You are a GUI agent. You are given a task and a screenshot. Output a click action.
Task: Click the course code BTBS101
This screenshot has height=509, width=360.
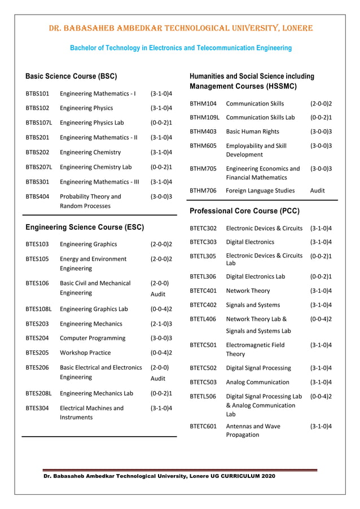[38, 93]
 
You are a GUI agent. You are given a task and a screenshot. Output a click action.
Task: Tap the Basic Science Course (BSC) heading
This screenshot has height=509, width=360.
[71, 76]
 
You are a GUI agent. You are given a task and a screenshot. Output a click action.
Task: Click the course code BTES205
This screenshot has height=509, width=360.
[37, 353]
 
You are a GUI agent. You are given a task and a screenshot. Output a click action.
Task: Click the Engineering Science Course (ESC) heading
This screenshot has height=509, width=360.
[85, 227]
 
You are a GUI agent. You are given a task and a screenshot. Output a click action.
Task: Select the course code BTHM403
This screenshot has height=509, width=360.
[203, 131]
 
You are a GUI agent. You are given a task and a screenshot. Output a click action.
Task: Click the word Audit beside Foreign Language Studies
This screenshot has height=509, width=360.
[318, 191]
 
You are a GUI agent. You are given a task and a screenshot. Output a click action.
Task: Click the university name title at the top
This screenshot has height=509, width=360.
[181, 28]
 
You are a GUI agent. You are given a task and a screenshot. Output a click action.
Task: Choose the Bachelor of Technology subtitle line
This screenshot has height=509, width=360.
[181, 48]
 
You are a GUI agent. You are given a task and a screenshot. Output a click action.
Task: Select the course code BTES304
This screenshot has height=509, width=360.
[37, 407]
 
